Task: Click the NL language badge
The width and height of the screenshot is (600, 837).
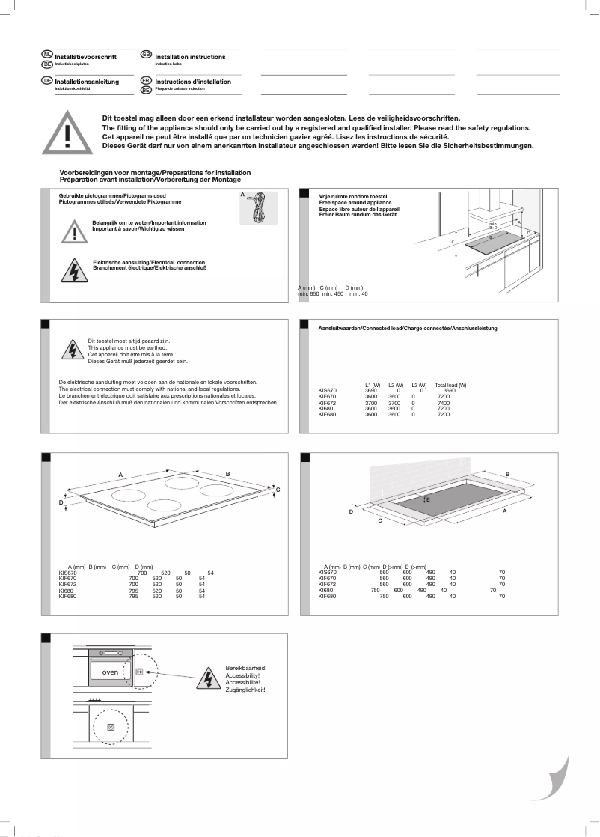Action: (x=46, y=55)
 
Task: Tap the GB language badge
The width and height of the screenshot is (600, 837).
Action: (x=146, y=55)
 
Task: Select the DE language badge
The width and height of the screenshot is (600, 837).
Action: (x=46, y=80)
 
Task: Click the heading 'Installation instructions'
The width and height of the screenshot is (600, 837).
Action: (x=190, y=57)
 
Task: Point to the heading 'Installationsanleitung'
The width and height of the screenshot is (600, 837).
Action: (x=87, y=82)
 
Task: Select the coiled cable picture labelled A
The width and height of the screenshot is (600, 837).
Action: (x=257, y=207)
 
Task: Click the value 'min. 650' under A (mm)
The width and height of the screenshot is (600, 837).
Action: (x=308, y=294)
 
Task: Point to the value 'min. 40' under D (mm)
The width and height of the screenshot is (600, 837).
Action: (x=359, y=294)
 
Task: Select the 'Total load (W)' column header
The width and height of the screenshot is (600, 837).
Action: (x=450, y=385)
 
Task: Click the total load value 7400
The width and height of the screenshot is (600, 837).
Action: (x=443, y=402)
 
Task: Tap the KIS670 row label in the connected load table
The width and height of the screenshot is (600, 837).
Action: (x=328, y=391)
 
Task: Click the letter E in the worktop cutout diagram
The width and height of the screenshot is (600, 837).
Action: (x=428, y=499)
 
